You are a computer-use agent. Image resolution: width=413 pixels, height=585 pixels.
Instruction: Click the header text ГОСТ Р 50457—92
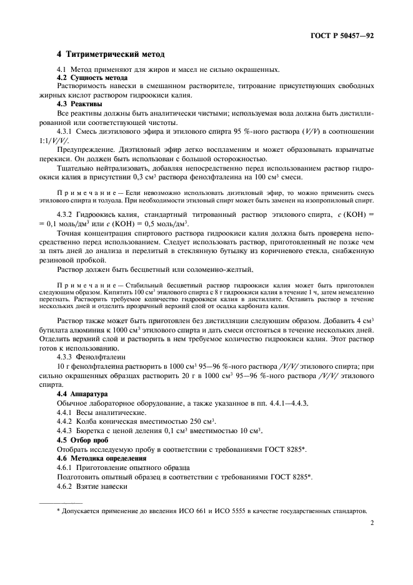(x=342, y=37)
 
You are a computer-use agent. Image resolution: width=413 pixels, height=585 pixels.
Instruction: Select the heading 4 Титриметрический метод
(x=111, y=55)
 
